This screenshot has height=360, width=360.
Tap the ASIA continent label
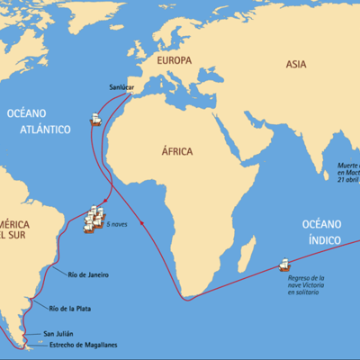point(296,64)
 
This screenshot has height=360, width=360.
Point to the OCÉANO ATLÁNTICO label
point(39,122)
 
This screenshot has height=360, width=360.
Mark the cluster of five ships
point(94,219)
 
